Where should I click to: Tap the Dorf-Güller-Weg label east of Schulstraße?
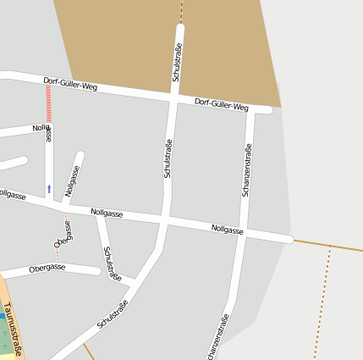[x=221, y=105]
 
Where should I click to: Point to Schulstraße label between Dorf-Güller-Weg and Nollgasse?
[x=168, y=158]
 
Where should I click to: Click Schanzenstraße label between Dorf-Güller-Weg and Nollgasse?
[x=247, y=170]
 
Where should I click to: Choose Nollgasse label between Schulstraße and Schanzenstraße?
[x=228, y=230]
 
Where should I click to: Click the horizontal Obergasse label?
[x=47, y=268]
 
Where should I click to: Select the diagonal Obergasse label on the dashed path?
[x=62, y=235]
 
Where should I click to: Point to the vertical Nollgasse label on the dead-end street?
[x=72, y=180]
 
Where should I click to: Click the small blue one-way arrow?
[x=49, y=186]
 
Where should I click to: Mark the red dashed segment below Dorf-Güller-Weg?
[x=48, y=102]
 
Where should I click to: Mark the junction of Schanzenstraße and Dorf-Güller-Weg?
[x=251, y=108]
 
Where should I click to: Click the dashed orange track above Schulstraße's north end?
[x=181, y=11]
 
